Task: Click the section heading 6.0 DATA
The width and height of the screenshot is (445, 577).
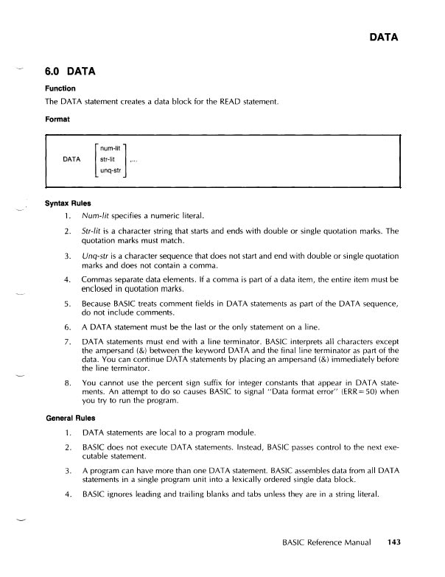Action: pyautogui.click(x=72, y=72)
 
